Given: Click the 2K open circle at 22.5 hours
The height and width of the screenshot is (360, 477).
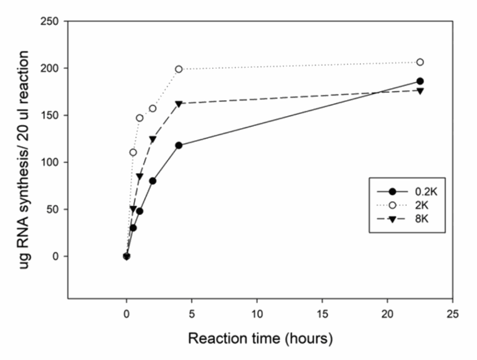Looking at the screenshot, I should [x=420, y=62].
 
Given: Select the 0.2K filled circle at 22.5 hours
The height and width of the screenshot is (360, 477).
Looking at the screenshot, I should [x=420, y=81].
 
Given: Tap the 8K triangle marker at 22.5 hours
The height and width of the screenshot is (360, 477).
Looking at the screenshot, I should [x=420, y=90].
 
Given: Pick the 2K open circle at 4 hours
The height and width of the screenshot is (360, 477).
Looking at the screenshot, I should [x=179, y=69].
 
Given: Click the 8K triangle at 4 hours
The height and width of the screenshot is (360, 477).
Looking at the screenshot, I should [x=179, y=104].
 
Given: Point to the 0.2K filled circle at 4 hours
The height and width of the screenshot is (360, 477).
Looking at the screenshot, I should [x=179, y=145].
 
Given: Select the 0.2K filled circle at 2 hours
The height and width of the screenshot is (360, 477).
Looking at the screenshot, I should [x=152, y=181].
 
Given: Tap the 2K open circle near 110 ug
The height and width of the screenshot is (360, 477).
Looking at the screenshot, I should [x=133, y=153].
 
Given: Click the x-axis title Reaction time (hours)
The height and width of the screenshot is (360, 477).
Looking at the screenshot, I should [x=260, y=338].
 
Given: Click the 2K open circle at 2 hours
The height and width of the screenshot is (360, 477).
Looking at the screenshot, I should [x=152, y=109].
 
